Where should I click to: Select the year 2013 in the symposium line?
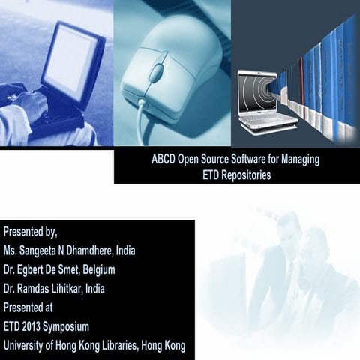pyautogui.click(x=30, y=326)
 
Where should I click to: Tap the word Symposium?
pyautogui.click(x=67, y=326)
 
